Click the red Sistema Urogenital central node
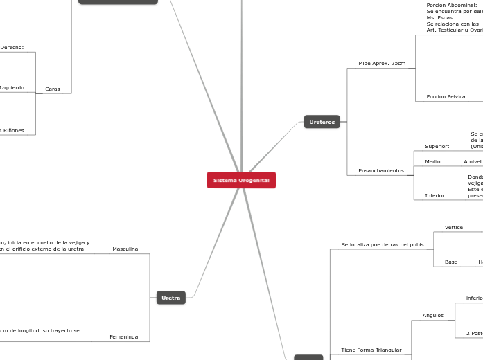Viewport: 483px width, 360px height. pos(241,180)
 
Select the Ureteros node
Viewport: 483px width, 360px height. pos(322,122)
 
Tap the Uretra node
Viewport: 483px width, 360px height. pos(170,298)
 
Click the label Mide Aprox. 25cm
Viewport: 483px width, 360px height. pos(382,63)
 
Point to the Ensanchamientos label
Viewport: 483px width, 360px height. pos(380,170)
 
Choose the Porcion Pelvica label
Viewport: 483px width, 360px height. pos(446,96)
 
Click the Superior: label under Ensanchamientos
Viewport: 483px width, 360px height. pos(437,146)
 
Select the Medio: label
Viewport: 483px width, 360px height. pos(433,161)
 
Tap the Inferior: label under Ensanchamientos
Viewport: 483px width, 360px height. pos(435,195)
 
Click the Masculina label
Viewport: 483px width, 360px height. pos(125,249)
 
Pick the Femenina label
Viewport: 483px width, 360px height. pos(123,336)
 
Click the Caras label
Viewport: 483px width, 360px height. pos(52,89)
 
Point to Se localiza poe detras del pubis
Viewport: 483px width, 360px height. pos(382,244)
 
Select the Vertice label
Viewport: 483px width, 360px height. pos(453,227)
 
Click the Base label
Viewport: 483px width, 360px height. pos(450,262)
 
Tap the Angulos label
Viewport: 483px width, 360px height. pos(432,315)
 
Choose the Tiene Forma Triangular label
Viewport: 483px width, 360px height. pos(371,350)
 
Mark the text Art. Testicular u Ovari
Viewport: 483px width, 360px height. pos(455,30)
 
